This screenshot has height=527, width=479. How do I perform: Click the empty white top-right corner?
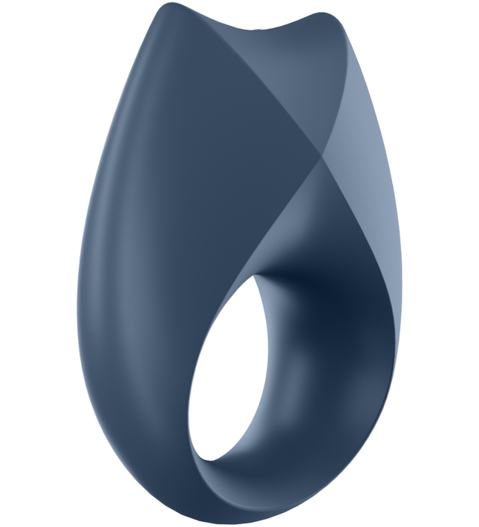point(446,30)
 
